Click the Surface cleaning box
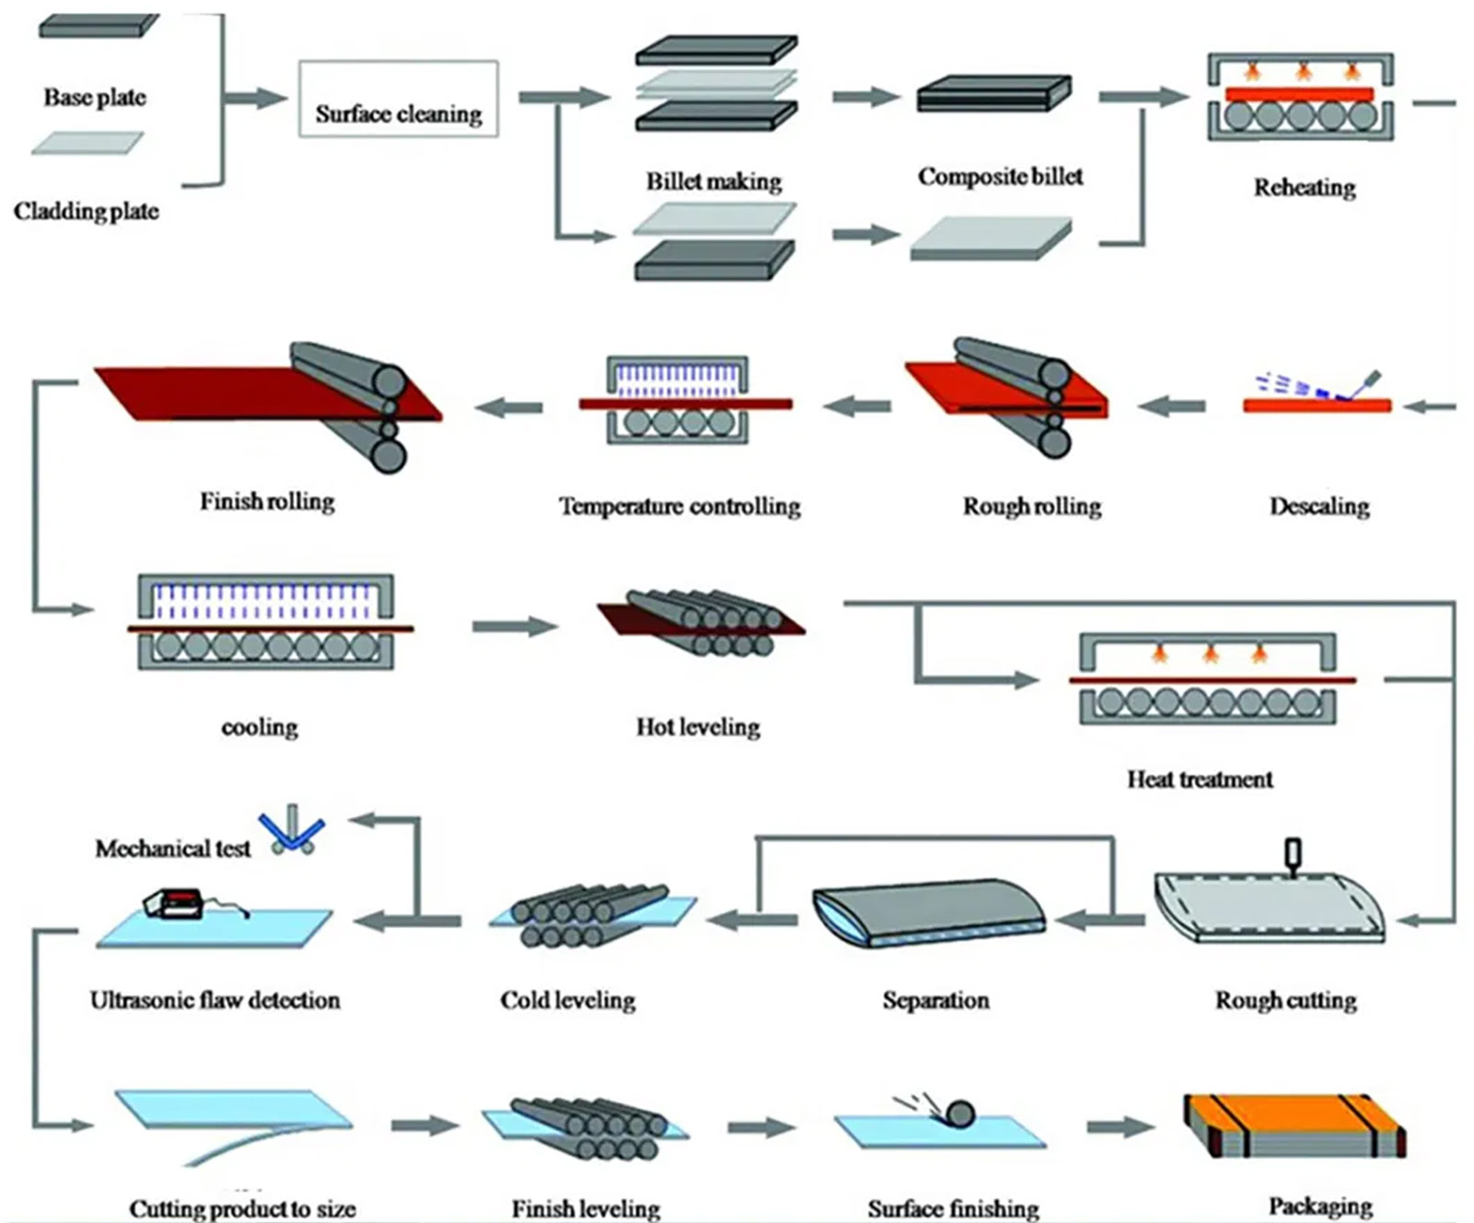click(x=398, y=100)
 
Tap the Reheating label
click(x=1304, y=188)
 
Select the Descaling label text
click(x=1318, y=506)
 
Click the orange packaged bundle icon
click(x=1294, y=1125)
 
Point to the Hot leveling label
click(x=697, y=727)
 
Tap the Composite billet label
click(x=1000, y=177)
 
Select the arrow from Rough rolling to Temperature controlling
click(x=857, y=405)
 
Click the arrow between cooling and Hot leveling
click(x=514, y=627)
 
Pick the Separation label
click(x=935, y=1000)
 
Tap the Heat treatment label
click(x=1199, y=780)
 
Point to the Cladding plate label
click(x=86, y=212)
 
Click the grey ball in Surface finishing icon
click(x=960, y=1112)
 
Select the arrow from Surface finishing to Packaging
click(x=1118, y=1126)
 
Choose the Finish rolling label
click(x=267, y=502)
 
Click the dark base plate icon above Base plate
click(x=99, y=26)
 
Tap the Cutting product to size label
click(x=242, y=1208)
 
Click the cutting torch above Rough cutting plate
click(x=1293, y=853)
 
